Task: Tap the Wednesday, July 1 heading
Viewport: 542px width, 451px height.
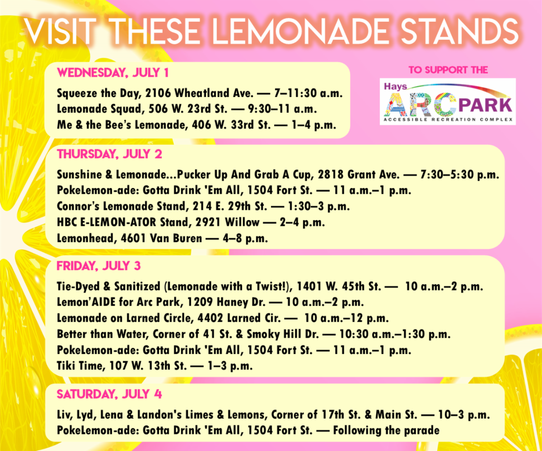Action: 113,73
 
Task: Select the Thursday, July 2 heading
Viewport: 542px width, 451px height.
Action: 110,154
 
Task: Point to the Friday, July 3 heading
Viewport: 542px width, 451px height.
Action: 98,266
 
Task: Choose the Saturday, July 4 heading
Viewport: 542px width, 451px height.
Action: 109,394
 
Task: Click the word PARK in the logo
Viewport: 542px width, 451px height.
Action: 485,105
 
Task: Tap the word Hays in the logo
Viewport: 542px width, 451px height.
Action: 395,86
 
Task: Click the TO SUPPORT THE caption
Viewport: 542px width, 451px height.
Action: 449,70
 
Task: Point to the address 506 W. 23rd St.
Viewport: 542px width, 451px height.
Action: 188,109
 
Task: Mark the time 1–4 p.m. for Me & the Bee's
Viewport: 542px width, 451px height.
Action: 314,125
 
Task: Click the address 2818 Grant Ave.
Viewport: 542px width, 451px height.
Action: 359,175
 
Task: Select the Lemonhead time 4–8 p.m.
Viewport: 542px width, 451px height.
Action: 245,239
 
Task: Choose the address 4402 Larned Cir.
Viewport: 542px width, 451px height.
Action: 239,318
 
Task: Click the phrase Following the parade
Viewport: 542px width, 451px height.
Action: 386,430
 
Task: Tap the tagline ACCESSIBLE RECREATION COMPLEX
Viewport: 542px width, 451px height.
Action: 449,120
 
